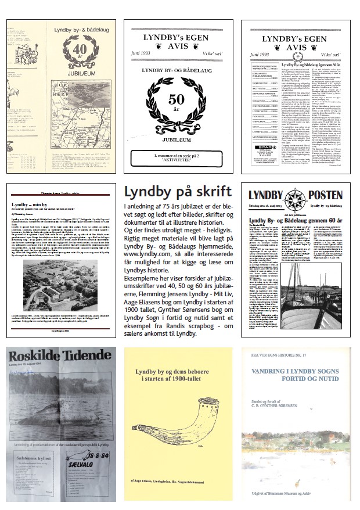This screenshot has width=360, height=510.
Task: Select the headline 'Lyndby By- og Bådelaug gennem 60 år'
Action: pyautogui.click(x=296, y=220)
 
